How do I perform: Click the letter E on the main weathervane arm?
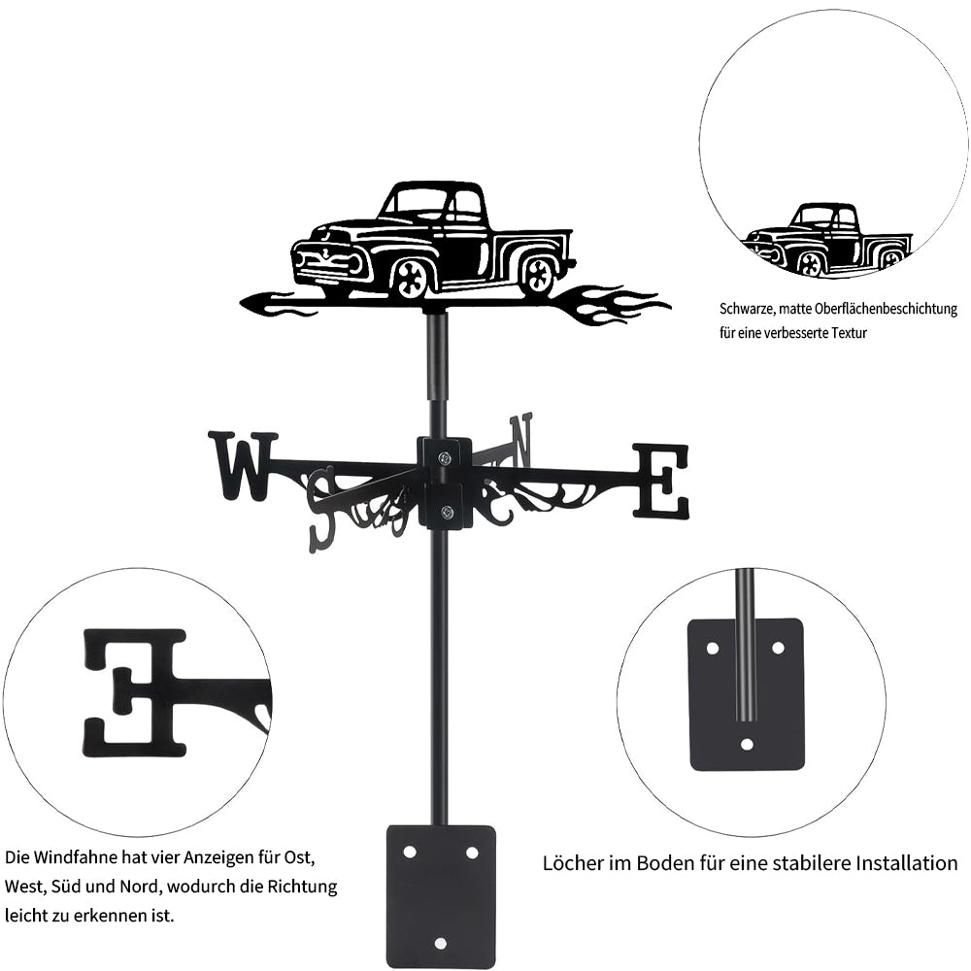click(x=660, y=481)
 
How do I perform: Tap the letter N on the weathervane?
click(x=520, y=442)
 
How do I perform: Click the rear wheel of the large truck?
click(x=538, y=274)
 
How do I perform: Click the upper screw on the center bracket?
click(x=446, y=458)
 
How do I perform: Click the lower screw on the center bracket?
click(x=446, y=512)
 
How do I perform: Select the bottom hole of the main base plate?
click(x=440, y=943)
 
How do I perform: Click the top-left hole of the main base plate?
click(x=410, y=853)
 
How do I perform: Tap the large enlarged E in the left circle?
click(x=135, y=693)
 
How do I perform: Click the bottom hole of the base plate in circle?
click(x=748, y=744)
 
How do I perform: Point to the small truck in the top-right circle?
click(x=826, y=240)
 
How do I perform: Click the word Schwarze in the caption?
click(x=747, y=309)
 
